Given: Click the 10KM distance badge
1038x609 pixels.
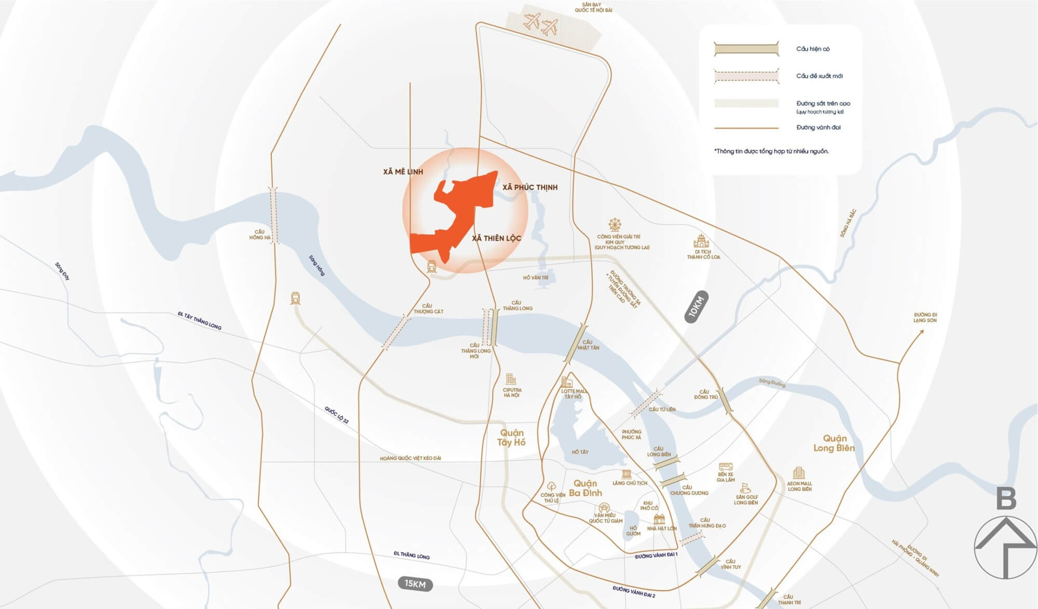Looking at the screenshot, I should point(696,307).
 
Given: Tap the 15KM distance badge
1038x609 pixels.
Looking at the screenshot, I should point(415,584).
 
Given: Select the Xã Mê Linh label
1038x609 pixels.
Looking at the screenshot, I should point(403,171).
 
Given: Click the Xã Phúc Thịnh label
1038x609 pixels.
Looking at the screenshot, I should point(529,187).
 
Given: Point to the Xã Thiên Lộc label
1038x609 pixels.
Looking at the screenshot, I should point(496,238).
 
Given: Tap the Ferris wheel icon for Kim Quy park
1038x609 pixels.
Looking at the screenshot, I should point(614,225).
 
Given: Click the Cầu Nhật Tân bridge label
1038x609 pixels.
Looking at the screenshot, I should point(588,345).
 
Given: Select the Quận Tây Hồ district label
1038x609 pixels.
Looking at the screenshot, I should point(511,438).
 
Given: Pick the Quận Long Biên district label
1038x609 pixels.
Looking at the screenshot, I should point(834,443).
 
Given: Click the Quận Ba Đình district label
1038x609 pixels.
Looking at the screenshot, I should point(585,488).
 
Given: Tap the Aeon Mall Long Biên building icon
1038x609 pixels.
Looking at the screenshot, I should point(798,473).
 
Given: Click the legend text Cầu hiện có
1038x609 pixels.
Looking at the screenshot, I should point(813,49).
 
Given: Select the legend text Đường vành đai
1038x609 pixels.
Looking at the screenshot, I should point(818,127).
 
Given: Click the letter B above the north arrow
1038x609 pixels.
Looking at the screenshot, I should point(1006,499).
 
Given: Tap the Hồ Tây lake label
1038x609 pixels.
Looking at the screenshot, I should point(580,452).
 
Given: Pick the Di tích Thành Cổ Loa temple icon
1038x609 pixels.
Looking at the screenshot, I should point(701,241).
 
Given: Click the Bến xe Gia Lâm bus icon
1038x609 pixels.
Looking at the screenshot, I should point(726,467).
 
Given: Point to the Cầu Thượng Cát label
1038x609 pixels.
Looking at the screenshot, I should point(428,309).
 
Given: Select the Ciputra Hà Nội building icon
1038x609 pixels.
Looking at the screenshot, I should point(511,378).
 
